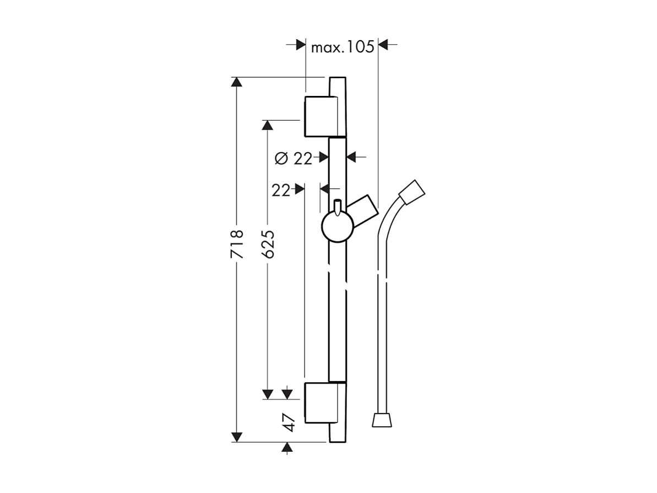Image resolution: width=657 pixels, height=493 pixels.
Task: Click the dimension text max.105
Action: pyautogui.click(x=342, y=47)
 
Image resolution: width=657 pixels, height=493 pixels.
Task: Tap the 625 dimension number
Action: pyautogui.click(x=268, y=244)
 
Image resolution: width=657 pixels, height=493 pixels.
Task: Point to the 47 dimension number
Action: pyautogui.click(x=288, y=422)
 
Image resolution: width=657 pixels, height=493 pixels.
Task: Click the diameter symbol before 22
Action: pyautogui.click(x=281, y=159)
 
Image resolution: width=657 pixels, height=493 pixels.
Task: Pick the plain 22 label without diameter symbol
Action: pyautogui.click(x=281, y=190)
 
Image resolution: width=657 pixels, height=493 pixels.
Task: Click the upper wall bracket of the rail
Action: pyautogui.click(x=319, y=116)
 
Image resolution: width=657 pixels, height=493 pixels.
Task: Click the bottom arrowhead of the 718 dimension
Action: pyautogui.click(x=237, y=437)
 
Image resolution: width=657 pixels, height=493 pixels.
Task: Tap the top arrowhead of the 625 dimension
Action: pyautogui.click(x=268, y=125)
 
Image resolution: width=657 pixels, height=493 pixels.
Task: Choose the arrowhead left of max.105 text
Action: pyautogui.click(x=301, y=45)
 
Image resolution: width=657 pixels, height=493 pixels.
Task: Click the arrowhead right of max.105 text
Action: pyautogui.click(x=384, y=45)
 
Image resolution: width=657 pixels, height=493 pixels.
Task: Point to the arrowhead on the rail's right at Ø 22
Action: pyautogui.click(x=352, y=158)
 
